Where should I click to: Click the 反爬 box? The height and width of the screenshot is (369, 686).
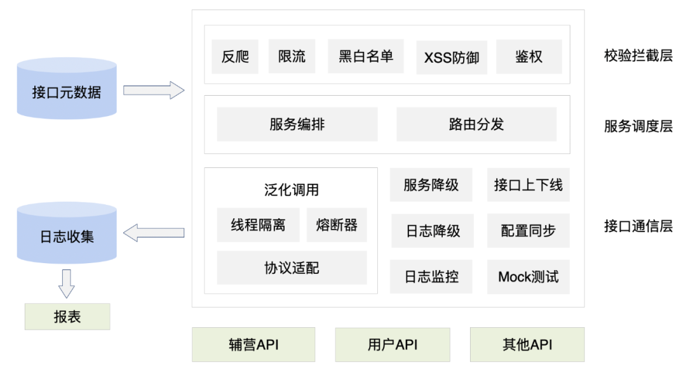(235, 56)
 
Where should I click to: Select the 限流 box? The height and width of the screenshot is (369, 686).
(292, 56)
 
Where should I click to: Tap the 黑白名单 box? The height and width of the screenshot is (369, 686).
(366, 56)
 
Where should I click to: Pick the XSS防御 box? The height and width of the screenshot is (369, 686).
(452, 57)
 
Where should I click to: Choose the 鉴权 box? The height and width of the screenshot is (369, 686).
(528, 56)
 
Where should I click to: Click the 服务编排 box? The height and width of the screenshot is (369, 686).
(297, 124)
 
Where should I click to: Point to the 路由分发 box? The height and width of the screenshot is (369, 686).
(476, 124)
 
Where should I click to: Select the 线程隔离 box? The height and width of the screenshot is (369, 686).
(258, 225)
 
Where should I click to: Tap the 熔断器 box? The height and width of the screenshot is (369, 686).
(337, 225)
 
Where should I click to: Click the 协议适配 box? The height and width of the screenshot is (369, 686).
(292, 268)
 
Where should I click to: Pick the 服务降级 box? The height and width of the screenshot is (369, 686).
(431, 185)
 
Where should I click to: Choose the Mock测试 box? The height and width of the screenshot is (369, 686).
(528, 276)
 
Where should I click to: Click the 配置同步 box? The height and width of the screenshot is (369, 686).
(528, 231)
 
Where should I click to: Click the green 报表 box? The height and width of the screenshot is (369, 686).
(67, 316)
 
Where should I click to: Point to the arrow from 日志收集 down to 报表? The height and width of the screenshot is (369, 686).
(67, 283)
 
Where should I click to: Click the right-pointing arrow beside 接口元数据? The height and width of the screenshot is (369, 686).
(153, 90)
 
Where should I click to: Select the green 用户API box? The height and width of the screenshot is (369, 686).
(393, 344)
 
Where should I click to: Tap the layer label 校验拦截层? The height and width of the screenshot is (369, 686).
(638, 56)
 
